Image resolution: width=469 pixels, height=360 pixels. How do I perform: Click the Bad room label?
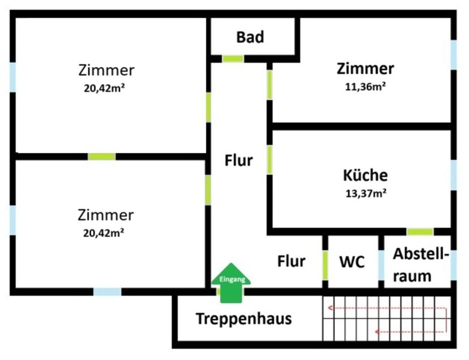click(x=250, y=37)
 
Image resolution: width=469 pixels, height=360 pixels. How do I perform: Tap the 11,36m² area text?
click(x=365, y=87)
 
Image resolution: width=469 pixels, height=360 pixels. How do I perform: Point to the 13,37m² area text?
click(x=366, y=193)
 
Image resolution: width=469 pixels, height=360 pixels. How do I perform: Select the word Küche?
click(x=365, y=175)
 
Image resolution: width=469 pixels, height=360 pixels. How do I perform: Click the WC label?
click(x=352, y=262)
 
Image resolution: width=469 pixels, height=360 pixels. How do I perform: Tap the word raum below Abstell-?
click(x=412, y=276)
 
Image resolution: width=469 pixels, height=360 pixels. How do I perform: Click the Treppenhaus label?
click(x=243, y=319)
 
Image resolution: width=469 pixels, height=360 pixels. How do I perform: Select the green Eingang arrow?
click(x=231, y=283)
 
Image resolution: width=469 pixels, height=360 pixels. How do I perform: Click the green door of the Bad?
click(x=233, y=59)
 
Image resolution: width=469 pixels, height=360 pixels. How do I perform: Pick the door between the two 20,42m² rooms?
click(x=102, y=157)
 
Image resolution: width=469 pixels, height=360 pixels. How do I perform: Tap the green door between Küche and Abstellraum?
click(x=420, y=232)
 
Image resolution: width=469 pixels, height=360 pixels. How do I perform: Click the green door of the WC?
click(x=325, y=265)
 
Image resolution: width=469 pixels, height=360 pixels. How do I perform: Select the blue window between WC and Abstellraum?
click(x=381, y=265)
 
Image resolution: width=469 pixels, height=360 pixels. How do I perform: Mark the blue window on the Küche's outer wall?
click(x=453, y=175)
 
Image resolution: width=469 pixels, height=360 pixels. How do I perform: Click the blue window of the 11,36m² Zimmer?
click(x=453, y=55)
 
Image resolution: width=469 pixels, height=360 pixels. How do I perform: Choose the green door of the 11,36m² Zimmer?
click(x=269, y=85)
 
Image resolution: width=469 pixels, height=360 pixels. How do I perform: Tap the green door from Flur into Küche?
click(x=269, y=160)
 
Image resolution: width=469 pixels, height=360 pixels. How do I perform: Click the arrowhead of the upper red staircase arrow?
click(x=330, y=308)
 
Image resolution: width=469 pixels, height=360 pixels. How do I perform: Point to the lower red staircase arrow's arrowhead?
click(x=377, y=333)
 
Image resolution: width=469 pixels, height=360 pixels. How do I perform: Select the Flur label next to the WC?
click(x=291, y=261)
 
